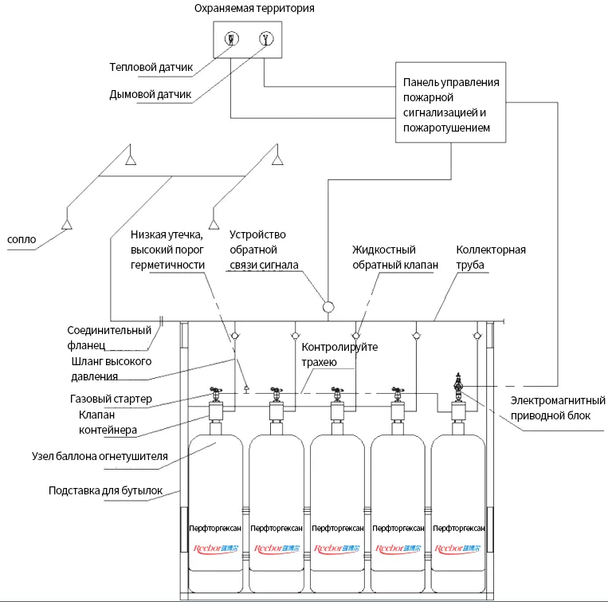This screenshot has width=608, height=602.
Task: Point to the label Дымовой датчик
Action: pos(151,94)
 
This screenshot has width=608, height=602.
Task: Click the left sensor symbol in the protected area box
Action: pos(229,39)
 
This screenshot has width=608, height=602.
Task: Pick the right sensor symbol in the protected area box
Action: pos(265,39)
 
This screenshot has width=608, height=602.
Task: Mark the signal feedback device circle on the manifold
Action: pos(328,305)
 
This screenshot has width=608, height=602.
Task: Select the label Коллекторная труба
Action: pos(490,258)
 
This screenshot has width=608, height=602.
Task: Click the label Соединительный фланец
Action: pos(109,338)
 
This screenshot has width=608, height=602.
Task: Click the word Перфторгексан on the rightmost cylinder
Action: pos(458,528)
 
